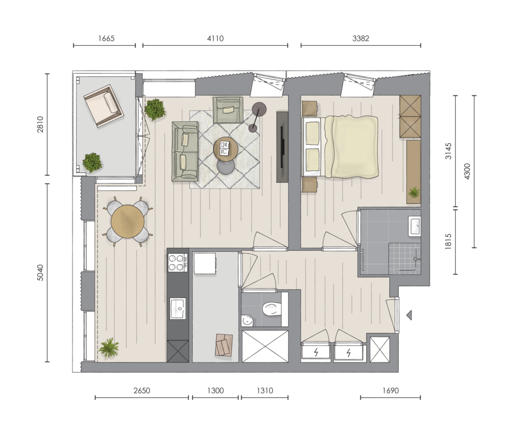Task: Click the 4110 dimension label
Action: coord(215,38)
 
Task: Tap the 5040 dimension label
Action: coord(40,273)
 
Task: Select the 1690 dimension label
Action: coord(390,391)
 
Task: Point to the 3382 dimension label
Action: coord(361,38)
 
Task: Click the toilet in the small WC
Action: coord(272,309)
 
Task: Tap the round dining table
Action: coord(127,221)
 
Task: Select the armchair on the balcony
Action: coord(104,106)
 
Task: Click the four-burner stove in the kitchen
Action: coord(178,262)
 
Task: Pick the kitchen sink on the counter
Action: coord(178,308)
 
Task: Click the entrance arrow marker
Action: coord(409,315)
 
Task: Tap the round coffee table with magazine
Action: coord(226,149)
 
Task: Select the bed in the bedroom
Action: coord(340,146)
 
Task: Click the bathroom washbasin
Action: coord(414,226)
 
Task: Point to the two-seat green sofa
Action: coord(185,151)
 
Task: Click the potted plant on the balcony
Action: coord(92,162)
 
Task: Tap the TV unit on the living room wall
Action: coord(282,146)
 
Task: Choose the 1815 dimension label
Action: coord(448,241)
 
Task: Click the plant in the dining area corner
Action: coord(109,347)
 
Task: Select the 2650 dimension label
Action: coord(141,391)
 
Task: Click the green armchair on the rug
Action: coord(228,110)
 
